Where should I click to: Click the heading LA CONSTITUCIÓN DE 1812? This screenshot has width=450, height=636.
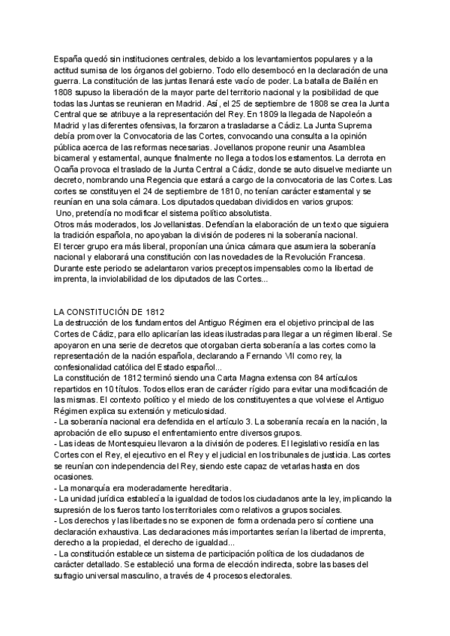109,290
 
